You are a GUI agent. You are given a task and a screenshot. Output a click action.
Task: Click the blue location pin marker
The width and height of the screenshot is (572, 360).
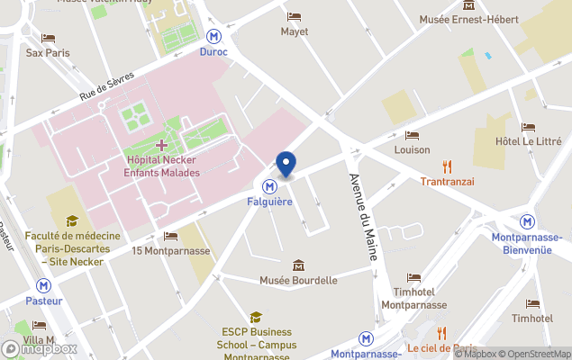pyautogui.click(x=286, y=164)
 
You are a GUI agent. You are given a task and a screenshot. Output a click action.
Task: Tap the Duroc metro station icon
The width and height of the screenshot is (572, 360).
pyautogui.click(x=213, y=37)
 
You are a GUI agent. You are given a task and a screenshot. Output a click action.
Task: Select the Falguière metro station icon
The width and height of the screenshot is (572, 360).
pyautogui.click(x=269, y=186)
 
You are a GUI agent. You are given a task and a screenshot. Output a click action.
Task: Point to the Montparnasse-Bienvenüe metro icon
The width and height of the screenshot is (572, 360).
pyautogui.click(x=528, y=221)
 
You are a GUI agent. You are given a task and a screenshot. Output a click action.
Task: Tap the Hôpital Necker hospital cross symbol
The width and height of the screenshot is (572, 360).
pyautogui.click(x=161, y=145)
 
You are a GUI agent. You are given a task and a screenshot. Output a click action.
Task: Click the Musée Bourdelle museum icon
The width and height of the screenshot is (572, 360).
pyautogui.click(x=298, y=265)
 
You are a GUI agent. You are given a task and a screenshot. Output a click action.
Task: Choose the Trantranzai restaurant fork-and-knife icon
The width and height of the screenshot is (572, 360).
pyautogui.click(x=448, y=166)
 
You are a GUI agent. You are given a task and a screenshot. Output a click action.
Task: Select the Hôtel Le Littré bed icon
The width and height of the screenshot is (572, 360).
pyautogui.click(x=528, y=127)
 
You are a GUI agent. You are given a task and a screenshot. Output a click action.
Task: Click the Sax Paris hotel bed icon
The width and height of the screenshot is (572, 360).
pyautogui.click(x=48, y=38)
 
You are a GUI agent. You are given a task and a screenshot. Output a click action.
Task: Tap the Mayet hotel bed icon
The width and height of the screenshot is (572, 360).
pyautogui.click(x=294, y=16)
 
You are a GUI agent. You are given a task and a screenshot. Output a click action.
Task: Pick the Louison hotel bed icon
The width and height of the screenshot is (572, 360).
pyautogui.click(x=412, y=135)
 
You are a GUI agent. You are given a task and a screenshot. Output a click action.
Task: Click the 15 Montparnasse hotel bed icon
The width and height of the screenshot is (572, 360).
pyautogui.click(x=170, y=236)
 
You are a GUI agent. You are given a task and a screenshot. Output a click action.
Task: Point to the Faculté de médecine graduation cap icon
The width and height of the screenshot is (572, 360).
pyautogui.click(x=72, y=220)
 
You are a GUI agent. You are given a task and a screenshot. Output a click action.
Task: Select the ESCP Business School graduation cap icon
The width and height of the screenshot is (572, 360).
pyautogui.click(x=256, y=317)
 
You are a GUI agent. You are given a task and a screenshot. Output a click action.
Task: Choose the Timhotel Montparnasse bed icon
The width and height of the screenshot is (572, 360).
pyautogui.click(x=413, y=278)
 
